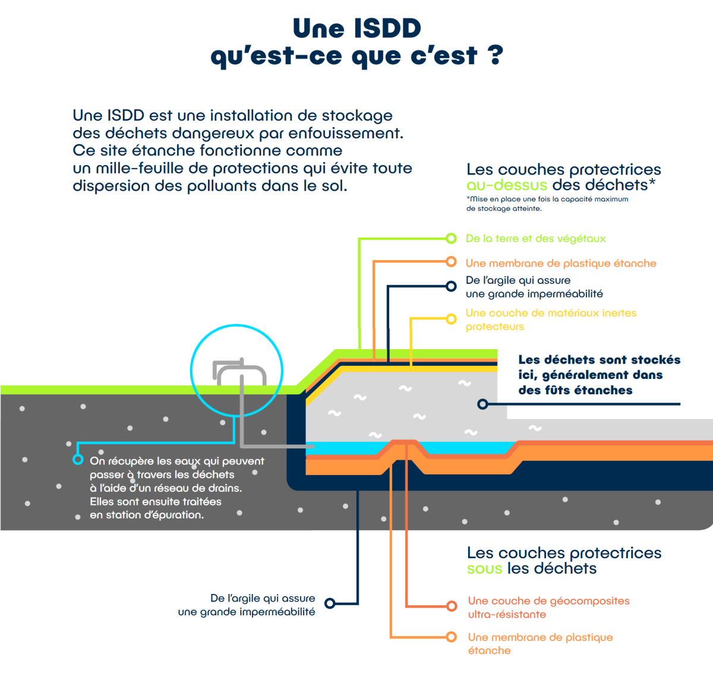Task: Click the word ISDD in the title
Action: (x=387, y=29)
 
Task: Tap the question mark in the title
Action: (x=495, y=55)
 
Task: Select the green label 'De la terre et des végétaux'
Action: (x=535, y=239)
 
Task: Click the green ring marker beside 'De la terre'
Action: (x=451, y=239)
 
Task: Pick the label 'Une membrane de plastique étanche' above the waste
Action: (x=561, y=263)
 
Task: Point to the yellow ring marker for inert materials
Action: (x=451, y=319)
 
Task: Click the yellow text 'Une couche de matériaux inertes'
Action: (x=551, y=313)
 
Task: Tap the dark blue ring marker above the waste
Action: (x=451, y=286)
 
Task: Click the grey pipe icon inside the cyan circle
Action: (x=240, y=372)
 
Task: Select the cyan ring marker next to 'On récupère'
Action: (x=78, y=460)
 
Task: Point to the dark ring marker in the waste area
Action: (x=482, y=404)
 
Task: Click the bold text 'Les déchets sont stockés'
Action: (x=599, y=360)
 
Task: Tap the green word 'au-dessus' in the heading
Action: (x=506, y=185)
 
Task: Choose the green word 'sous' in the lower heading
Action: (x=484, y=569)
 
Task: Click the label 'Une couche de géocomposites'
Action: (x=548, y=601)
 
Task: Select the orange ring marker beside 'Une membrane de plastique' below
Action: (x=451, y=637)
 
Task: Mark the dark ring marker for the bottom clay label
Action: (x=330, y=604)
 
